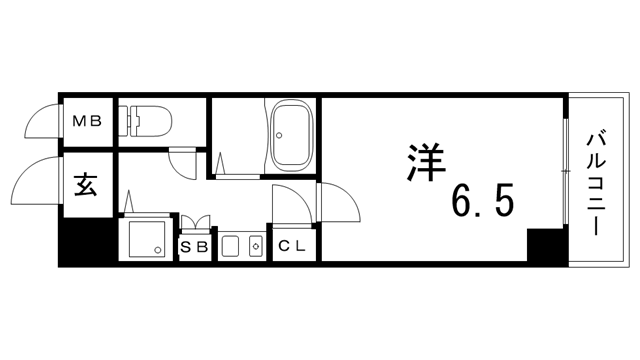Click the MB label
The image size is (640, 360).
(x=87, y=121)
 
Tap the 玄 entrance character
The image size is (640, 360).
(x=86, y=184)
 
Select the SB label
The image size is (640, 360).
(x=194, y=247)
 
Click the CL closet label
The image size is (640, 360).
(x=292, y=246)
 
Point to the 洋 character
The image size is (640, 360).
(x=425, y=162)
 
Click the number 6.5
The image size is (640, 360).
(x=482, y=200)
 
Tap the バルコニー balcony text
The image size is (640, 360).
(x=596, y=182)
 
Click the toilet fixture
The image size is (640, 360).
(x=145, y=121)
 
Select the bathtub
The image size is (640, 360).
(x=292, y=136)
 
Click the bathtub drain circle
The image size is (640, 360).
(x=279, y=135)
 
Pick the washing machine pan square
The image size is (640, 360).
(x=147, y=239)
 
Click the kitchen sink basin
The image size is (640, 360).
(x=231, y=246)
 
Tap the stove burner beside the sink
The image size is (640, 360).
(x=256, y=246)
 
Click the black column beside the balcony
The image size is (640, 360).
(x=547, y=246)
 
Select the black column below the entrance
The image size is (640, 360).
(x=86, y=241)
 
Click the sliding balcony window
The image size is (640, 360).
(x=565, y=171)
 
